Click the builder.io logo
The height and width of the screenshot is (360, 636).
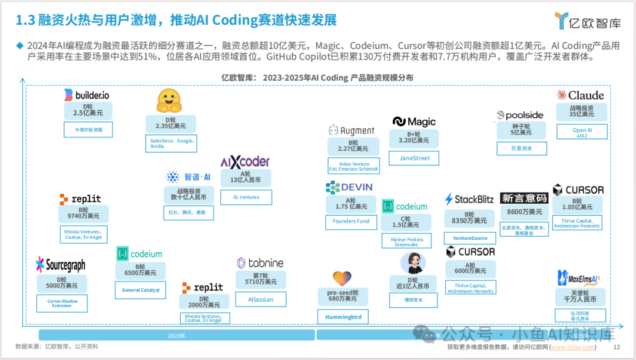point(87,95)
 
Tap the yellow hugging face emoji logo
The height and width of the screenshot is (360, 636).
point(170,101)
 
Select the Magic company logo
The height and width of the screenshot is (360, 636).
point(414,122)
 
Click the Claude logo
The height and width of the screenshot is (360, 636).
point(580,95)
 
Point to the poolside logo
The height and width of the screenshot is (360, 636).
point(520,115)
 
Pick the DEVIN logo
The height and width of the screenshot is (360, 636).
point(349,187)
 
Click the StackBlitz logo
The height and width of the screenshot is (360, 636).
point(469,199)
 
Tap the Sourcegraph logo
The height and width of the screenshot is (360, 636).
point(61,265)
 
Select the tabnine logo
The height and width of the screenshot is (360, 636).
point(260,263)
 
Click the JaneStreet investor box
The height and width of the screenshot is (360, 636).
point(415,158)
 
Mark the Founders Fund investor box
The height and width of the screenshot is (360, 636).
point(351,222)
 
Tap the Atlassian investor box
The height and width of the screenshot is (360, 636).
point(260,299)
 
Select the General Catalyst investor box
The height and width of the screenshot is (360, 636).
point(140,290)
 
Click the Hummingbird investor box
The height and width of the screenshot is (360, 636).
point(343,317)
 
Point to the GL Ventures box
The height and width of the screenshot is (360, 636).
point(246,197)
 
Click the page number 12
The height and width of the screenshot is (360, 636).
point(617,347)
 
